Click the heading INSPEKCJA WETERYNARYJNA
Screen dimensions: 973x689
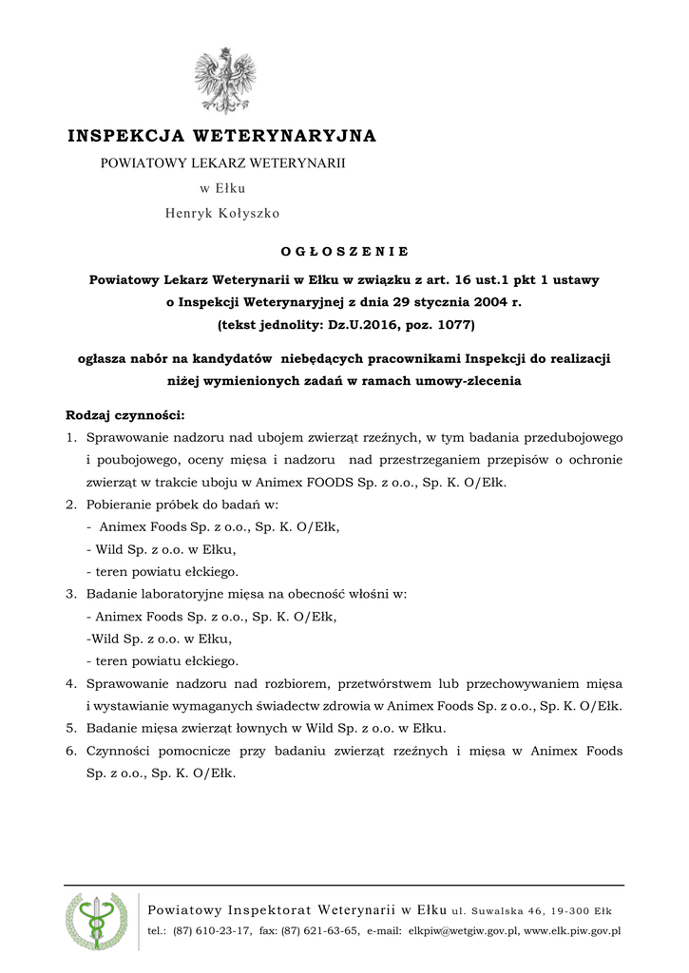[x=222, y=136]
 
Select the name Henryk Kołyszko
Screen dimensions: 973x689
[x=222, y=214]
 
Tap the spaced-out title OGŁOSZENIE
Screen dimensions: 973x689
[x=344, y=252]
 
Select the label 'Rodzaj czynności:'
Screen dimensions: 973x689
[x=124, y=415]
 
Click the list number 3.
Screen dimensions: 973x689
[x=70, y=594]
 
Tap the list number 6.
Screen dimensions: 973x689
[x=70, y=751]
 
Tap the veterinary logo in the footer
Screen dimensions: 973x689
[x=96, y=922]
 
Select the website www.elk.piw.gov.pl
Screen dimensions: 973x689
[x=572, y=931]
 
